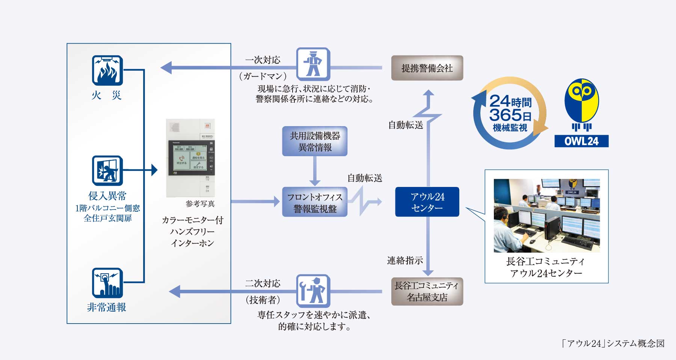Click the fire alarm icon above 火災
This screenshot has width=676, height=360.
pos(107,70)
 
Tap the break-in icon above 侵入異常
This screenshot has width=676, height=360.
pos(107,170)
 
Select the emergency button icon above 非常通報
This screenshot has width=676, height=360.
pos(107,283)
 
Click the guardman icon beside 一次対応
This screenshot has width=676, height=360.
pos(313,64)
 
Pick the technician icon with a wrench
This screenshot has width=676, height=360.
pos(313,291)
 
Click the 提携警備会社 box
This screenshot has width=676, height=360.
pos(427,68)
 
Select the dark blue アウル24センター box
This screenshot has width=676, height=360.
pos(427,202)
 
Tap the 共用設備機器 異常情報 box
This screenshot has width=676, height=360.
pos(315,141)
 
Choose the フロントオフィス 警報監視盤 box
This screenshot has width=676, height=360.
pos(315,203)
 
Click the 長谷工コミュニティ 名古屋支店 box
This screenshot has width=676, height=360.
pos(427,291)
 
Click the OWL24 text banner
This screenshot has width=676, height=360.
pos(581,141)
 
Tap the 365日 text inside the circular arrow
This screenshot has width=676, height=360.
pos(510,114)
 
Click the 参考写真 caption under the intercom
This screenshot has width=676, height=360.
pos(200,204)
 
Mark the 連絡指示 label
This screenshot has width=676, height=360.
pos(405,260)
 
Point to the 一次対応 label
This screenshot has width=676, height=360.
pos(263,60)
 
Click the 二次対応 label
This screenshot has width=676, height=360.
pos(263,283)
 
